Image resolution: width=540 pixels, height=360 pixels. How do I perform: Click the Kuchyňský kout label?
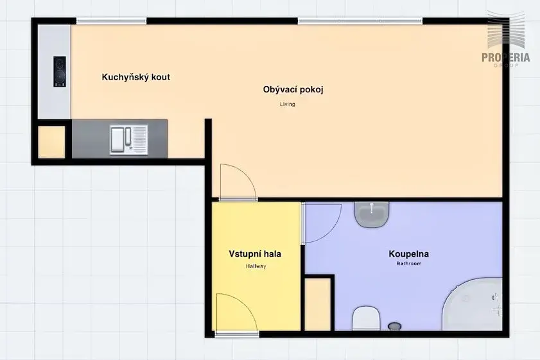click(135, 77)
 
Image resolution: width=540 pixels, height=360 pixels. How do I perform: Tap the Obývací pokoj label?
click(293, 90)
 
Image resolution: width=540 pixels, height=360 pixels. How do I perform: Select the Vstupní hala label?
click(255, 254)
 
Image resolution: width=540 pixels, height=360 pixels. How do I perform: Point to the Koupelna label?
click(409, 254)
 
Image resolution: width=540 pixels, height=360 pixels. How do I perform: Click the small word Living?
click(288, 104)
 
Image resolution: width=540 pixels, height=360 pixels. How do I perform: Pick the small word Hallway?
click(256, 266)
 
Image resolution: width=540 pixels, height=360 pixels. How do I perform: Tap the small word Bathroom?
click(409, 264)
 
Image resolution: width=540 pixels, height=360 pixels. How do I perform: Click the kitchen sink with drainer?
click(129, 140)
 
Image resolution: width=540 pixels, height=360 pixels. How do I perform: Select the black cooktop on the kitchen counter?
click(60, 72)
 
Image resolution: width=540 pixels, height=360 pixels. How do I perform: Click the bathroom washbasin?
click(372, 214)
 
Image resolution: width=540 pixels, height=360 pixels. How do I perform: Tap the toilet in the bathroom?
click(366, 318)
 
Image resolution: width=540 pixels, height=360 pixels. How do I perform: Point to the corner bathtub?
click(473, 305)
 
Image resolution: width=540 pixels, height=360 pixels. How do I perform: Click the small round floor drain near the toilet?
click(395, 325)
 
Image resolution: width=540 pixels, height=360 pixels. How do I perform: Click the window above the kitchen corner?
click(112, 21)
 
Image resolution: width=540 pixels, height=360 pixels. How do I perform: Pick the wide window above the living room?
click(360, 21)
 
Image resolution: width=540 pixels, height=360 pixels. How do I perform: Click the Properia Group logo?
click(506, 39)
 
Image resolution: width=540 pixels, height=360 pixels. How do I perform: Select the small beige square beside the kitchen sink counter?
click(51, 142)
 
